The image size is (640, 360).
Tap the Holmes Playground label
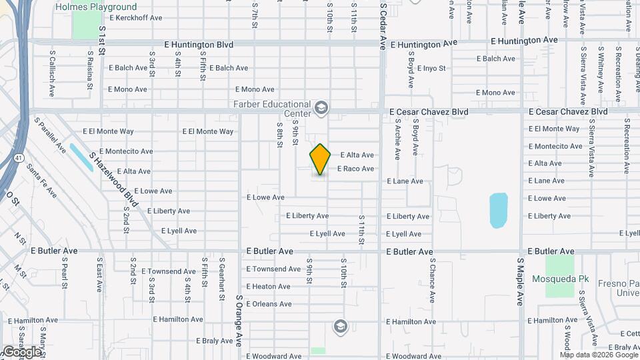96,7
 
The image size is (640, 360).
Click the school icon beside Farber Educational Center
322,108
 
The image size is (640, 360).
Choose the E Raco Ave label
355,169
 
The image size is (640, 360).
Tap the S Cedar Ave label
383,25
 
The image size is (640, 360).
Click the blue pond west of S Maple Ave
498,210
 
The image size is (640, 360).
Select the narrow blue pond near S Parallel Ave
81,157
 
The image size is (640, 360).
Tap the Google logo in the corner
21,351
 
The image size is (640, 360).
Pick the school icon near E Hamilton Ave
340,326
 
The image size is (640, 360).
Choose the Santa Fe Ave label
41,181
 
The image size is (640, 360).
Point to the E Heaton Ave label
268,287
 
